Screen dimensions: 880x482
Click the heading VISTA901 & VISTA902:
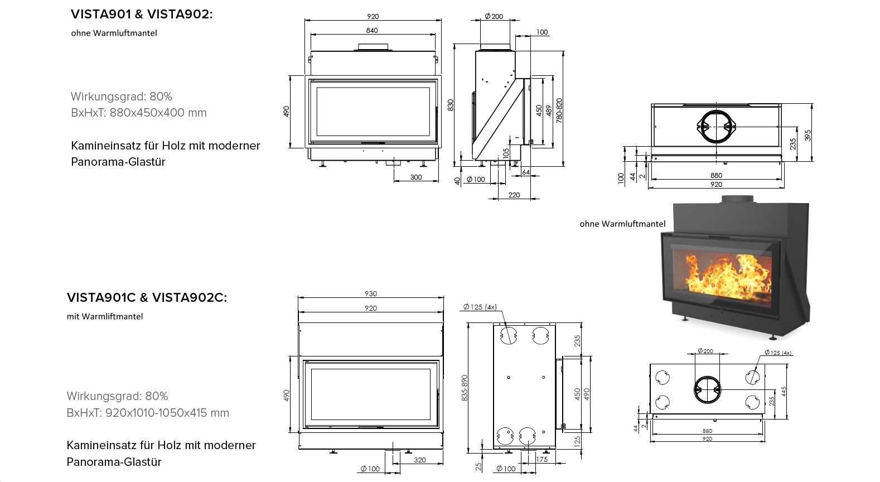pyautogui.click(x=142, y=14)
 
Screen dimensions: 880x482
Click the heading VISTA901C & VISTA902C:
pyautogui.click(x=147, y=297)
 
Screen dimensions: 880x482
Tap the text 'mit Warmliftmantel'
pyautogui.click(x=105, y=316)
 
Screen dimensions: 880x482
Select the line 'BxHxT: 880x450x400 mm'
pyautogui.click(x=139, y=113)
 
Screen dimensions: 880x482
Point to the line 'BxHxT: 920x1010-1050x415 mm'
pyautogui.click(x=148, y=413)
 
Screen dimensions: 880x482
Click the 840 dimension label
pyautogui.click(x=371, y=30)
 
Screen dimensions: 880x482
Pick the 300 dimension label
pyautogui.click(x=416, y=177)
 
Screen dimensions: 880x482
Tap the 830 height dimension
pyautogui.click(x=451, y=105)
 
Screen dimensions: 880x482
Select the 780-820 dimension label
pyautogui.click(x=559, y=110)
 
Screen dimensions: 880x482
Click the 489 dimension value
pyautogui.click(x=549, y=110)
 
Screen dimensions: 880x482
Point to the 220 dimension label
pyautogui.click(x=514, y=195)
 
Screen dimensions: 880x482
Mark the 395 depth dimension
pyautogui.click(x=808, y=135)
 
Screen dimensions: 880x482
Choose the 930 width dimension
pyautogui.click(x=370, y=293)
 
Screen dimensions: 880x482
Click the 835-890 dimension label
pyautogui.click(x=465, y=388)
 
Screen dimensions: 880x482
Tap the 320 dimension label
pyautogui.click(x=419, y=460)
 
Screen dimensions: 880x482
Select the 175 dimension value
pyautogui.click(x=541, y=459)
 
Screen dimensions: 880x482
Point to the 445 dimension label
pyautogui.click(x=784, y=392)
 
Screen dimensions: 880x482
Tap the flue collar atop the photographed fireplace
pyautogui.click(x=737, y=199)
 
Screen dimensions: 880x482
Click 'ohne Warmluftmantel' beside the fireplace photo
pyautogui.click(x=623, y=224)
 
